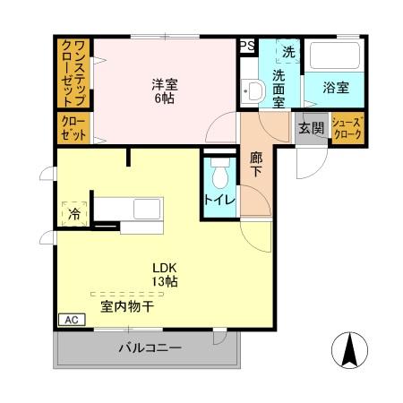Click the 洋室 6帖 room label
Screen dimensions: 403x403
(x=164, y=91)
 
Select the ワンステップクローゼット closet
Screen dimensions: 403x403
(x=73, y=73)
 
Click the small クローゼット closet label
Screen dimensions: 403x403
(x=73, y=128)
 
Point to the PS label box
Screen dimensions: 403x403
(x=247, y=45)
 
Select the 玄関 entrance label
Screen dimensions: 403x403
(x=312, y=128)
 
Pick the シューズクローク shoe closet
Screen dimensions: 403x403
(x=347, y=127)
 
